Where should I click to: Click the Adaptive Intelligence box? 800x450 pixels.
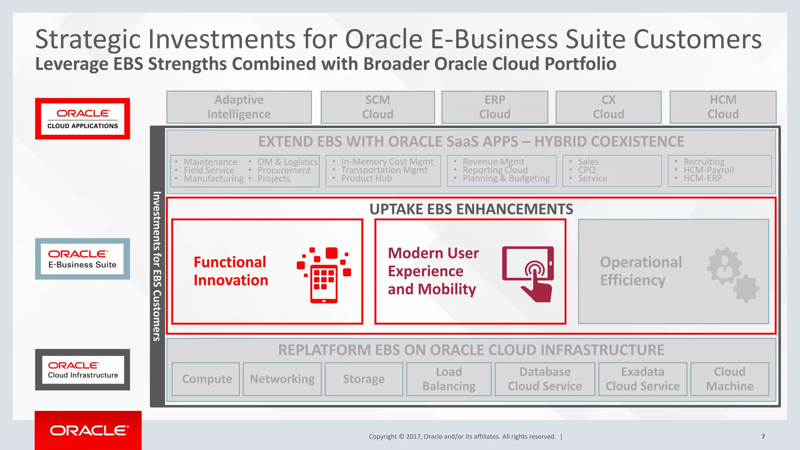click(x=239, y=107)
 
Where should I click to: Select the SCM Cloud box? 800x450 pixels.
click(x=377, y=107)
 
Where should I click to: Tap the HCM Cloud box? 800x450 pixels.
click(x=723, y=107)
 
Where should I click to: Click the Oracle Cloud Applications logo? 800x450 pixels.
click(x=82, y=119)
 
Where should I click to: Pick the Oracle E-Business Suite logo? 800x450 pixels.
click(x=82, y=259)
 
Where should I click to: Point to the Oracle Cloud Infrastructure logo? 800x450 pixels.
click(x=82, y=370)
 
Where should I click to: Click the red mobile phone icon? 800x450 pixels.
click(x=324, y=275)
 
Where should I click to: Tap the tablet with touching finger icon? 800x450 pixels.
click(x=528, y=273)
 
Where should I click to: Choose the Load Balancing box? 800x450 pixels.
click(x=449, y=379)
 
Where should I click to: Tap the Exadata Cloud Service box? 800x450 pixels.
click(x=643, y=379)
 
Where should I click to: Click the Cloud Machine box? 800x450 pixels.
click(x=729, y=379)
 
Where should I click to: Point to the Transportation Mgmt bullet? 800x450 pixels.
click(x=384, y=170)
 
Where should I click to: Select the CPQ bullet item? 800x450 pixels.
click(x=587, y=170)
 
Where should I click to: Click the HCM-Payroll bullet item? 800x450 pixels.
click(x=708, y=170)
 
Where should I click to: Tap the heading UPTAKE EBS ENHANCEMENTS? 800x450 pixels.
click(x=471, y=209)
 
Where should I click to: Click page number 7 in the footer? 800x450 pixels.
click(x=763, y=437)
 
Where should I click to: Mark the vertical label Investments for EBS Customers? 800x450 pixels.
click(x=157, y=266)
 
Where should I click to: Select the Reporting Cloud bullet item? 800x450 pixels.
click(x=495, y=170)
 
